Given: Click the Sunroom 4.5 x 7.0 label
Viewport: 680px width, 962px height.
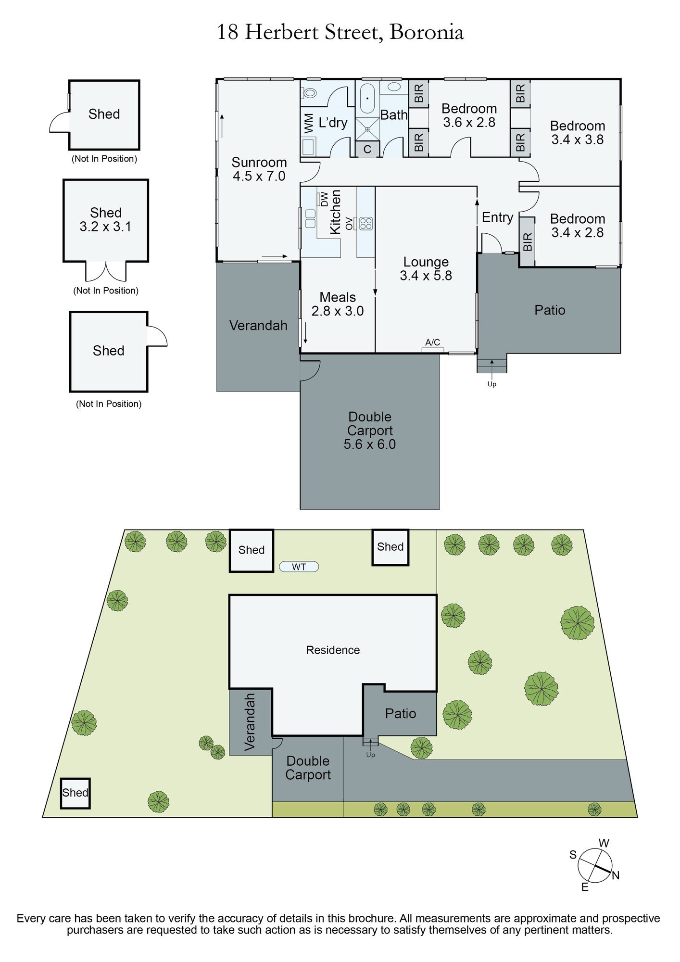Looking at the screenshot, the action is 259,169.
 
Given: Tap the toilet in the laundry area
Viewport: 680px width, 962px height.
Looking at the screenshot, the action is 310,92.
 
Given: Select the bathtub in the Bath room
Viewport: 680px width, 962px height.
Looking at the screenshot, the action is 367,99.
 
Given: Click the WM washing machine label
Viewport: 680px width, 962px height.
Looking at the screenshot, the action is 309,123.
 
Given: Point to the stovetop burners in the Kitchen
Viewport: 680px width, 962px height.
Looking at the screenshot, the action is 366,224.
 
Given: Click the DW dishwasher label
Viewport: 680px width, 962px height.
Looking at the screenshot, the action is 325,199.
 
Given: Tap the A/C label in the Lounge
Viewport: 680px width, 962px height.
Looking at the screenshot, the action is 433,342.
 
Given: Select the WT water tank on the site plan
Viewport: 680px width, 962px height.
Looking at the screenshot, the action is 299,567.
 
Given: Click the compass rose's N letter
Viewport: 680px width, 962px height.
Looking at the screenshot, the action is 616,875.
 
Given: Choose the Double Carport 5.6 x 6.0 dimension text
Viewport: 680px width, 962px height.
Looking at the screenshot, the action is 370,444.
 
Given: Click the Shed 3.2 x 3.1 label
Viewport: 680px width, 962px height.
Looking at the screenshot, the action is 106,220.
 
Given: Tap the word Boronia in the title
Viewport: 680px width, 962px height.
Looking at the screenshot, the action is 427,33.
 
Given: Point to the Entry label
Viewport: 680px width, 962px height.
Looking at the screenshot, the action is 498,217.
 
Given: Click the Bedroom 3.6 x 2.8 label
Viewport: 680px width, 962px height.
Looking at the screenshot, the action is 469,115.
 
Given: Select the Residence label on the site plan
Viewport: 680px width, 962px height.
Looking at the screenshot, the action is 333,650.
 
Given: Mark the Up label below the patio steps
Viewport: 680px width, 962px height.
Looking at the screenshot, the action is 492,384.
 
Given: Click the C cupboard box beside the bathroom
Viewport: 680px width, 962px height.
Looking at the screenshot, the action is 367,149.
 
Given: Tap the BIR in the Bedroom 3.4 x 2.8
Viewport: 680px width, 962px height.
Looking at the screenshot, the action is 527,242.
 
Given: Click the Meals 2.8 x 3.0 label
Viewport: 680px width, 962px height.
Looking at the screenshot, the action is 338,304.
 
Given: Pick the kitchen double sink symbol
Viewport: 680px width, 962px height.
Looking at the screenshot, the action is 310,218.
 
